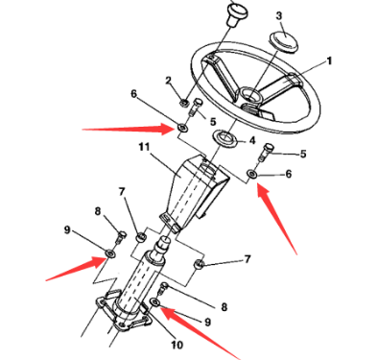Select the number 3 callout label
pos(279,16)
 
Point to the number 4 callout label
pos(251,141)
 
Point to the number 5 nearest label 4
pos(304,154)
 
